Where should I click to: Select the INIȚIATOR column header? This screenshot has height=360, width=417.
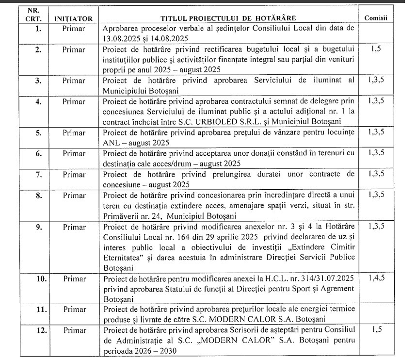74,18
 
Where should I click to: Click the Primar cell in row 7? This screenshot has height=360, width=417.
74,174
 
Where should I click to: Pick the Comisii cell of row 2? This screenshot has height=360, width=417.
376,49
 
